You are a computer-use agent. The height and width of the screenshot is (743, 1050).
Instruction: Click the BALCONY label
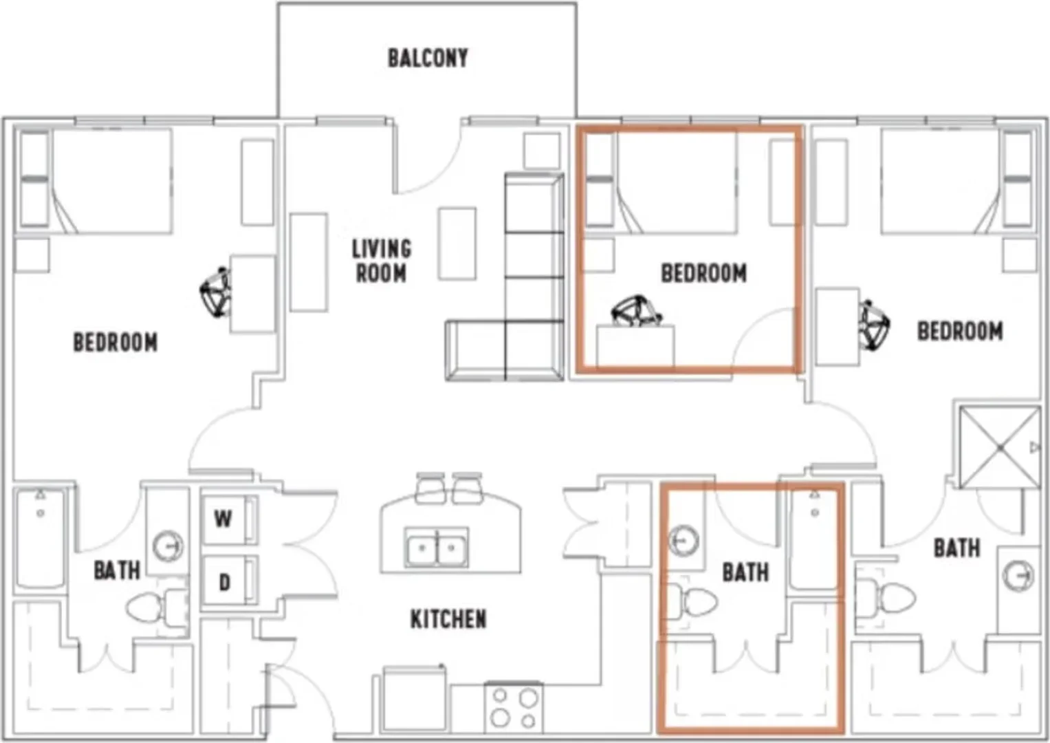(428, 58)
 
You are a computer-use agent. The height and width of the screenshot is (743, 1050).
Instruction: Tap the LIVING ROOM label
(382, 261)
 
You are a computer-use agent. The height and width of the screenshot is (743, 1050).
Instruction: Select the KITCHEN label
(448, 619)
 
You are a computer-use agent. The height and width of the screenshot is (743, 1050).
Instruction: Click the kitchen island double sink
(437, 547)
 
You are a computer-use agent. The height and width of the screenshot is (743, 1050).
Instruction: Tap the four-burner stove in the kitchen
(514, 708)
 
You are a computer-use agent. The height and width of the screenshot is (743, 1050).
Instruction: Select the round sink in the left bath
(168, 546)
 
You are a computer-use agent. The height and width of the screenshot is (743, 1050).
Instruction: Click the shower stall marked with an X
(999, 447)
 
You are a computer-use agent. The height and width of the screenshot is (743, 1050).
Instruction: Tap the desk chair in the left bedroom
(216, 292)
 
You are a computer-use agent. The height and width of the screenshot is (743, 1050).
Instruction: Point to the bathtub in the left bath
(41, 537)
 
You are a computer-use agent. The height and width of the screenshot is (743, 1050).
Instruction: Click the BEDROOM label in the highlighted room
(703, 273)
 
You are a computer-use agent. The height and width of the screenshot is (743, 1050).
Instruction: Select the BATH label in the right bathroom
(956, 548)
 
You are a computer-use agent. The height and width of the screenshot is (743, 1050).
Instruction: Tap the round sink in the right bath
(1018, 575)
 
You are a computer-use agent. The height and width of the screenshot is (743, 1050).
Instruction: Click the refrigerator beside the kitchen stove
(415, 699)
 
